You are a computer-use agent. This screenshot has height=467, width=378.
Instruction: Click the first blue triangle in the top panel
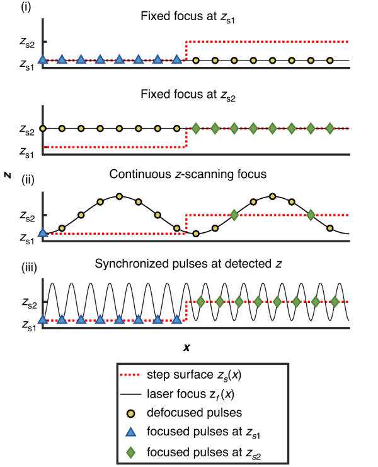pyautogui.click(x=43, y=60)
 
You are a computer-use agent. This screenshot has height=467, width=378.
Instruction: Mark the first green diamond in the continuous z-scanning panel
pyautogui.click(x=234, y=215)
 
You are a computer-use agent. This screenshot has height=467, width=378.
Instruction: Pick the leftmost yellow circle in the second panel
pyautogui.click(x=43, y=128)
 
